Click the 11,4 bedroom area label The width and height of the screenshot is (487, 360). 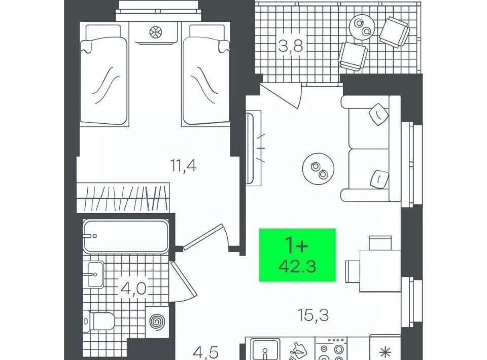[183, 165]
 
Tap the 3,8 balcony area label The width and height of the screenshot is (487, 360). [290, 47]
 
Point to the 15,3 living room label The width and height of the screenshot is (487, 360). [313, 315]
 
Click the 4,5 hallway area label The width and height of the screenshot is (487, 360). [205, 353]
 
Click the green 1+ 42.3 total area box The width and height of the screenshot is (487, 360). [297, 255]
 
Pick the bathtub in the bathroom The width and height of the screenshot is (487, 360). [126, 236]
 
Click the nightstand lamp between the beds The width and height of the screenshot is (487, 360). [155, 31]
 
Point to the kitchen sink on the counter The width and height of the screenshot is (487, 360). [265, 349]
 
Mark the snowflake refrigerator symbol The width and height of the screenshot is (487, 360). [385, 352]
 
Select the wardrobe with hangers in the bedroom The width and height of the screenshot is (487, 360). [123, 198]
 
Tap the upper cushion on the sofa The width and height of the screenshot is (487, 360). [378, 114]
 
